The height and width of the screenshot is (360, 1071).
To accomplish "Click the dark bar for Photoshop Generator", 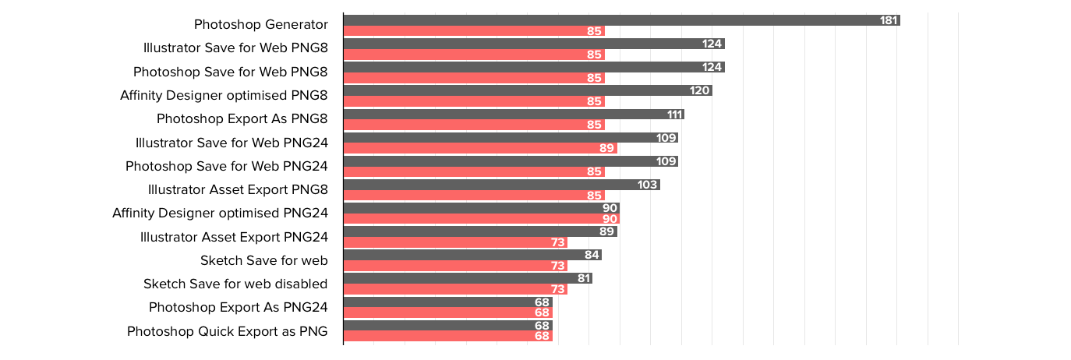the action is pos(621,20).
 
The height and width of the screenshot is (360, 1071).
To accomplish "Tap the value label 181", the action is pos(889,20).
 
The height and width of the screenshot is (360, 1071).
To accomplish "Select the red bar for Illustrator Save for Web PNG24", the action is pos(480,148).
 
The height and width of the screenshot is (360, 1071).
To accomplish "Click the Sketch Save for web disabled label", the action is pos(235,284).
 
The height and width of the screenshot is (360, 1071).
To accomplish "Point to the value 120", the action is pos(699,90).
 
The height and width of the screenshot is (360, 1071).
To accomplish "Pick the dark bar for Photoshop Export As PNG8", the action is pos(514,115).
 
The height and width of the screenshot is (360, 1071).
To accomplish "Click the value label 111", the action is pos(674,115).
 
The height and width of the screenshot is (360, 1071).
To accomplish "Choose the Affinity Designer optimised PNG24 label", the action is pos(220,214).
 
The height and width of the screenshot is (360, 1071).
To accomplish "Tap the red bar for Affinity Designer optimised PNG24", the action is pos(482,219).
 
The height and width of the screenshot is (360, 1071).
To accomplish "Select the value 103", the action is pos(648,185).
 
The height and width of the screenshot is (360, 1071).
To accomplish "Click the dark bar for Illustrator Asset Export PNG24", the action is pos(480,231).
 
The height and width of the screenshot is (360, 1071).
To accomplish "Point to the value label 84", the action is pos(592,255).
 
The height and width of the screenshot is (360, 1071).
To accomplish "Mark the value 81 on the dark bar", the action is pos(584,278).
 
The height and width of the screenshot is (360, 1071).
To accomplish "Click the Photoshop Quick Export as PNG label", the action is pos(227,332).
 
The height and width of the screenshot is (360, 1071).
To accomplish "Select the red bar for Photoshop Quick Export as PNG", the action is pos(448,336).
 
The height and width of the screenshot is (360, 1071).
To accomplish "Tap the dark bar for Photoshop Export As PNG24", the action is pos(448,302).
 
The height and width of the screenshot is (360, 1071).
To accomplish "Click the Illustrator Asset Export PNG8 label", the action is pos(238,190).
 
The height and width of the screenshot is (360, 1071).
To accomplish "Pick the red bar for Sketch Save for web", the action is pos(456,266).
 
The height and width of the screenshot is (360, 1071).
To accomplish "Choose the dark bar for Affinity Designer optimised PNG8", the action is pos(528,90).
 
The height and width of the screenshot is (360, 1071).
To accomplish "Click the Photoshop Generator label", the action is pos(260,24).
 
